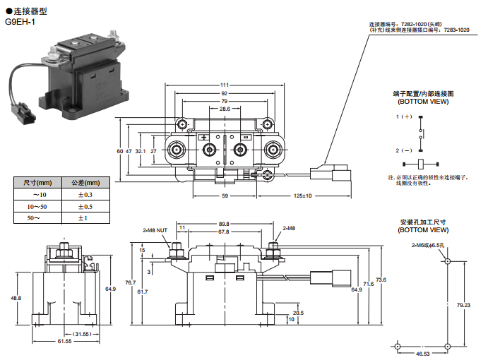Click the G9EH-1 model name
coord(20,22)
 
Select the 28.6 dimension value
coord(225,109)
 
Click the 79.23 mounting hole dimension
coord(463,305)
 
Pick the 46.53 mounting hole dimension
coord(423,354)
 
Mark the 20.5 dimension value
coord(298,313)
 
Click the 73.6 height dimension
coord(381,280)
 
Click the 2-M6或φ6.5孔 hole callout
coord(427,245)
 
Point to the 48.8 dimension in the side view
coord(16,298)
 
